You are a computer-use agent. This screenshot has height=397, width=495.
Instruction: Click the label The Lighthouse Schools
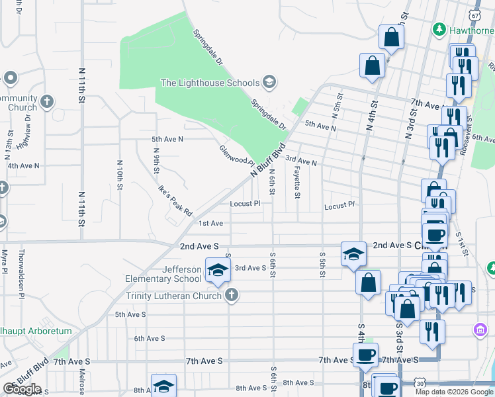tap(210, 83)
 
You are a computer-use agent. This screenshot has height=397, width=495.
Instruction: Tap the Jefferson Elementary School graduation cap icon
tap(216, 269)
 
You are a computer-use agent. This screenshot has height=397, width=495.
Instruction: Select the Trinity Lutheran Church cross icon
tap(231, 295)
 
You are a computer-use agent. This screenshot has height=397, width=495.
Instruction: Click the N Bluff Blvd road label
tap(267, 159)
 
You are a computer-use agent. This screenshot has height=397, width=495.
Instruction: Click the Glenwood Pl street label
tap(237, 156)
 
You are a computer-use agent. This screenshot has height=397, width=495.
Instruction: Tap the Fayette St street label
tap(297, 183)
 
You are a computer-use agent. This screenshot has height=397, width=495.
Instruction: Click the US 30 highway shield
tap(421, 382)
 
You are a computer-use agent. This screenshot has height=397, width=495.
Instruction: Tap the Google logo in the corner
tap(22, 389)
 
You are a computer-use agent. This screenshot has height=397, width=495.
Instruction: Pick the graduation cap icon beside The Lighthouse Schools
tap(269, 82)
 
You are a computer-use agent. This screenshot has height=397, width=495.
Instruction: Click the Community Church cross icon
tap(46, 102)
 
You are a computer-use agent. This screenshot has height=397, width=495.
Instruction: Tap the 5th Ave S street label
tap(130, 314)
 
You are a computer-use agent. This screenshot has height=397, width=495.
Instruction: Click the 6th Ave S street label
tap(149, 338)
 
